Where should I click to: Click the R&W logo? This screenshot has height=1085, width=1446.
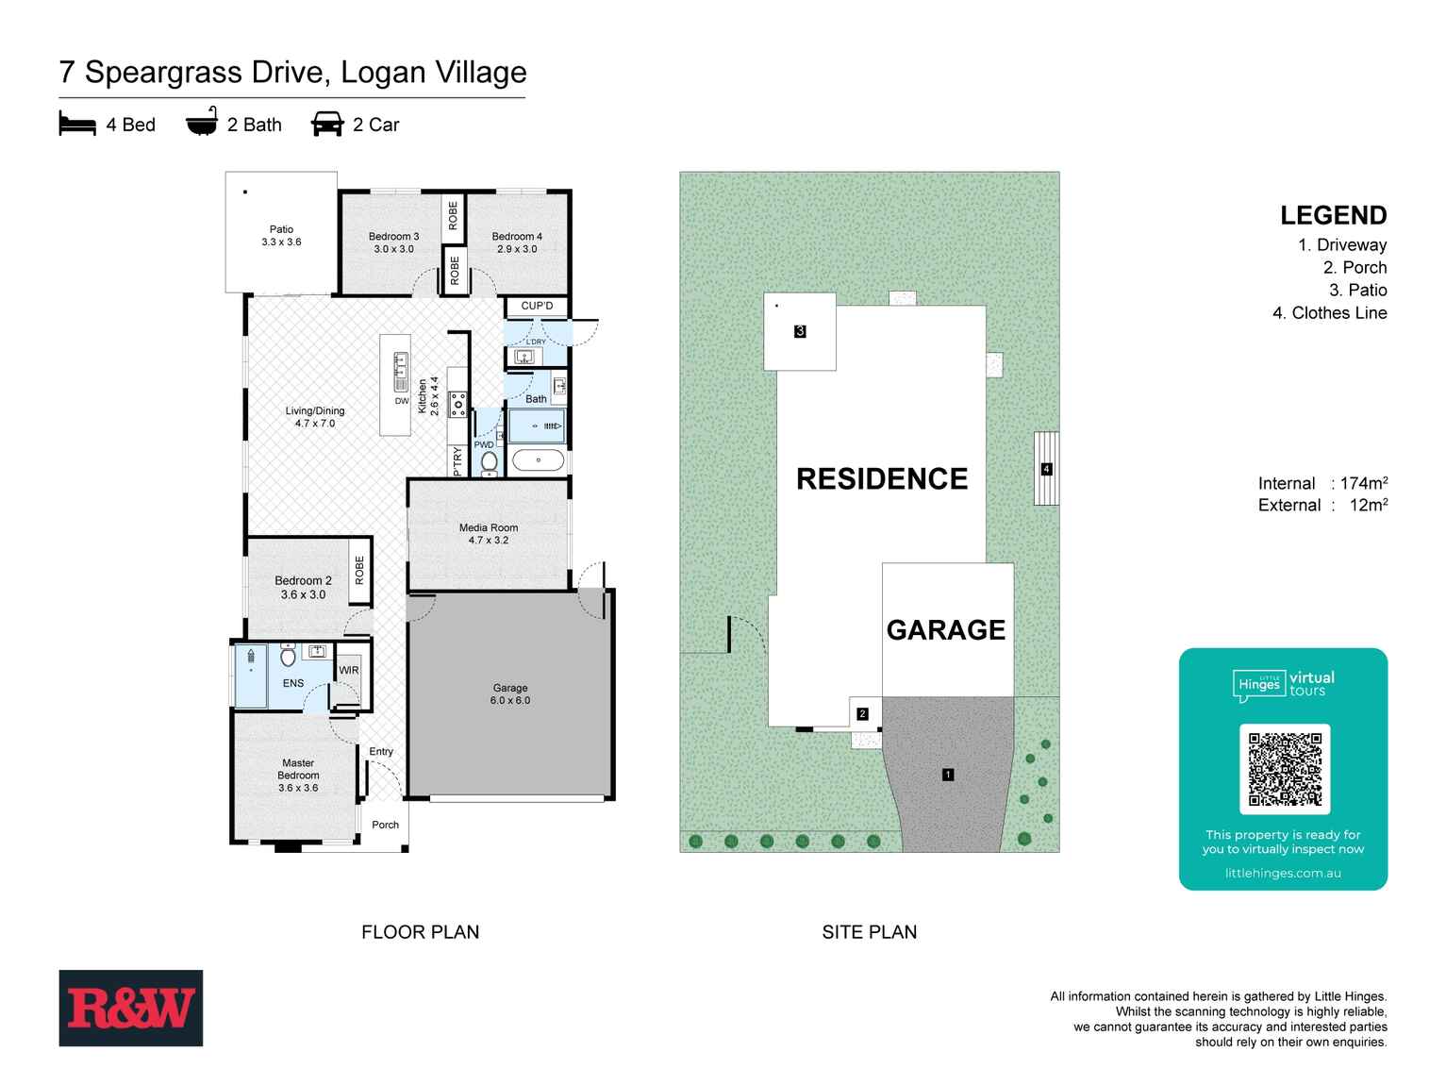pyautogui.click(x=130, y=1008)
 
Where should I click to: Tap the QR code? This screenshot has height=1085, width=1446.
pyautogui.click(x=1284, y=769)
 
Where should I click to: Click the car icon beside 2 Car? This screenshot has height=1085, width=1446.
pyautogui.click(x=326, y=125)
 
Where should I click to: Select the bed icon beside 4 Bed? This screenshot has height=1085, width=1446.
pyautogui.click(x=77, y=125)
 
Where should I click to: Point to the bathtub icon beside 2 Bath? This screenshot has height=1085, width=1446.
pyautogui.click(x=201, y=124)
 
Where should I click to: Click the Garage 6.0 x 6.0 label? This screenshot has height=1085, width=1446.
pyautogui.click(x=509, y=694)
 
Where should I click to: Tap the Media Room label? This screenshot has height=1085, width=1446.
pyautogui.click(x=488, y=534)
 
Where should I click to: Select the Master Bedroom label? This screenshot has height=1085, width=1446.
pyautogui.click(x=298, y=775)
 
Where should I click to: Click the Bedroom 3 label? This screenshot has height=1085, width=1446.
pyautogui.click(x=393, y=242)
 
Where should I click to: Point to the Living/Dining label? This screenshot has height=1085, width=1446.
pyautogui.click(x=315, y=417)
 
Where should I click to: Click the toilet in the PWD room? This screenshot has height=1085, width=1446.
pyautogui.click(x=489, y=462)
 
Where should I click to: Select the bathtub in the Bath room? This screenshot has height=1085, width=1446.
pyautogui.click(x=538, y=461)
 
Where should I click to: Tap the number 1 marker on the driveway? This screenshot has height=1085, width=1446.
pyautogui.click(x=947, y=775)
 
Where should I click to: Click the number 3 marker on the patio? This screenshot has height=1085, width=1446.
pyautogui.click(x=800, y=331)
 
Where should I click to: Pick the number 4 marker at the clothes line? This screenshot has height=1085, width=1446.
pyautogui.click(x=1046, y=469)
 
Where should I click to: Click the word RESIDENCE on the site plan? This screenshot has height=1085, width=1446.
pyautogui.click(x=882, y=479)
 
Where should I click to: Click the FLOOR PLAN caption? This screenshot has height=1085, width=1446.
pyautogui.click(x=420, y=932)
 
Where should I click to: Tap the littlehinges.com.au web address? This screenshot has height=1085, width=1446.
pyautogui.click(x=1283, y=873)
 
